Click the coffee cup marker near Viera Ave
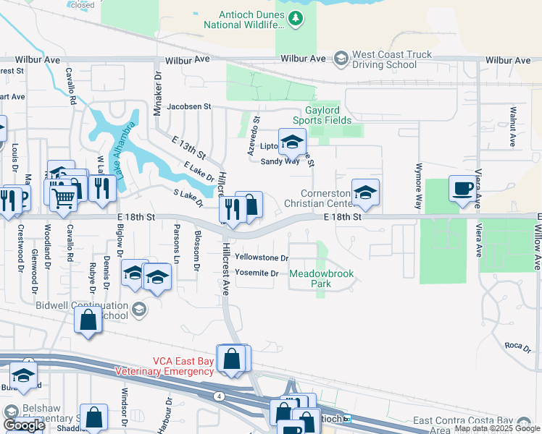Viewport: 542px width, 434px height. click(x=463, y=190)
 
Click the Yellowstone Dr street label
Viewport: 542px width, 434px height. click(x=262, y=258)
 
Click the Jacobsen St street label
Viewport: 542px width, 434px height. click(x=188, y=106)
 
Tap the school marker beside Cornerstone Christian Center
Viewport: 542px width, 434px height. click(x=365, y=192)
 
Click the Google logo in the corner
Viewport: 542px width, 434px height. click(x=24, y=425)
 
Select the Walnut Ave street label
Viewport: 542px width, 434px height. click(x=512, y=127)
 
